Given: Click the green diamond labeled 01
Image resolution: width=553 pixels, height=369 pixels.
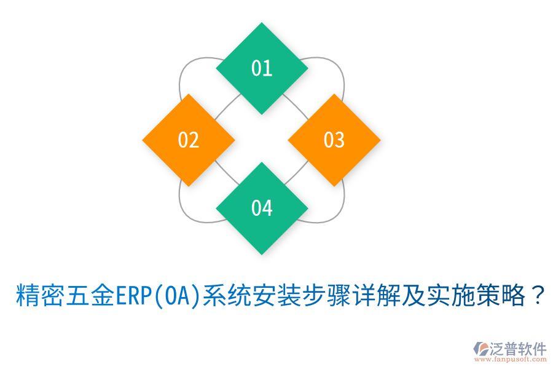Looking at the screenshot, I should tap(262, 68).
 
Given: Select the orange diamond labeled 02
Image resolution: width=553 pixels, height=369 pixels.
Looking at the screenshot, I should tap(189, 140).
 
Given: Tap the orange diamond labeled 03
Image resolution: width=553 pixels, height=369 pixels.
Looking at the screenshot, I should tap(334, 140).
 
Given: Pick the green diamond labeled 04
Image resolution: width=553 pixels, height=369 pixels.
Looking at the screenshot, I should tap(262, 208).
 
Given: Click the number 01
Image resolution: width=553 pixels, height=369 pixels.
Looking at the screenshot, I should tap(262, 68).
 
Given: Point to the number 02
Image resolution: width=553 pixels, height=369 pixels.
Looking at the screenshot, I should tap(189, 140).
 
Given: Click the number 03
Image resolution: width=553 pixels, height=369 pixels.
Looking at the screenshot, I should tap(334, 140).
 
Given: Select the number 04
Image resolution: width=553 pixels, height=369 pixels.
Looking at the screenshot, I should tap(262, 208).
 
